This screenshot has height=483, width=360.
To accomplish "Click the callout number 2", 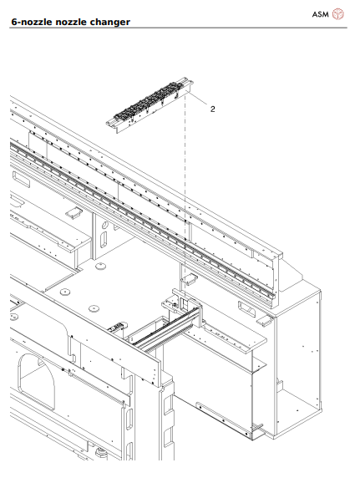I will click(x=213, y=109).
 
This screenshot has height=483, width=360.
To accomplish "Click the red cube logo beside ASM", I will click(x=338, y=14).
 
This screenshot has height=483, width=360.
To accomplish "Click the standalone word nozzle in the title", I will click(x=72, y=22).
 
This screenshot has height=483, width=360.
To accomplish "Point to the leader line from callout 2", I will click(x=197, y=103).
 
